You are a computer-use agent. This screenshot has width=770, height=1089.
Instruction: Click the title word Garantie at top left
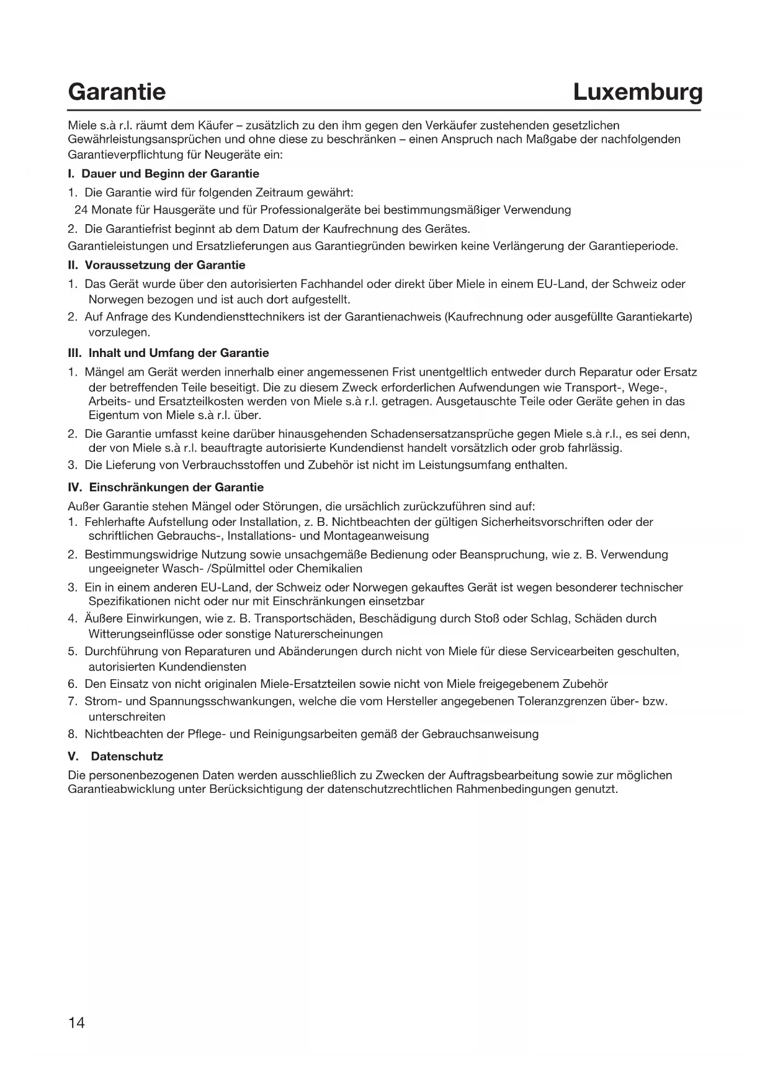pos(117,92)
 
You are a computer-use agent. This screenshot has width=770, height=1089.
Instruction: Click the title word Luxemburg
pos(638,92)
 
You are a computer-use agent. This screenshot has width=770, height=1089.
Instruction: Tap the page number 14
pos(76,1023)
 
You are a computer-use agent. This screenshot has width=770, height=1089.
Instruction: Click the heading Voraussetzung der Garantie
pos(165,265)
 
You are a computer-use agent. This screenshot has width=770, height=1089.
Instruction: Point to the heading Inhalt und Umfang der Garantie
pos(179,353)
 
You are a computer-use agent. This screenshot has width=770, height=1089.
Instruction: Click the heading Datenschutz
pos(127,756)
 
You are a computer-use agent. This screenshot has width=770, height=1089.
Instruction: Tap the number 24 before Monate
pos(81,210)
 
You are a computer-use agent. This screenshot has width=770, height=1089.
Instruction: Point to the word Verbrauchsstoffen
pos(236,464)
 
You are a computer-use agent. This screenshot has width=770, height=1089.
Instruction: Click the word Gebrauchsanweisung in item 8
pos(480,734)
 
